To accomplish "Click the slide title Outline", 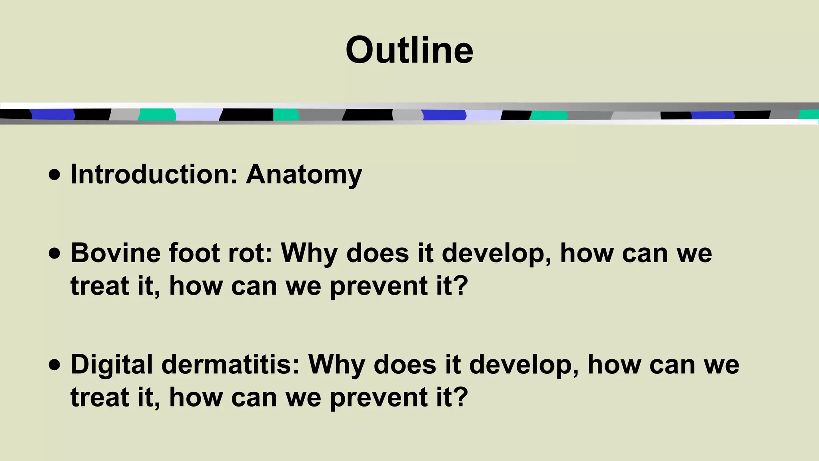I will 409,50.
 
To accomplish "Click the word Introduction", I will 154,174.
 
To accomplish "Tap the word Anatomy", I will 304,175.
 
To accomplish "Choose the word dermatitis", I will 230,365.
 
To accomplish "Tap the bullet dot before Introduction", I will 54,175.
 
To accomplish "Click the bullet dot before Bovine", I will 54,254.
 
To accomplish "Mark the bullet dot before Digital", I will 54,365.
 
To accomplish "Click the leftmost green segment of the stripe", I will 157,114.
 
